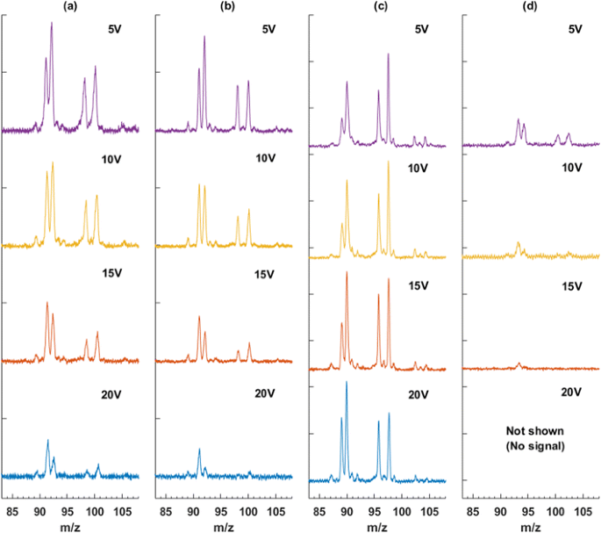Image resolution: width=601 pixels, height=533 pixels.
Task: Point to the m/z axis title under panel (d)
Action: click(x=529, y=525)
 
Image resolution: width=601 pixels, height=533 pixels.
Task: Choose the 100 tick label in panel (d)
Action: click(x=555, y=509)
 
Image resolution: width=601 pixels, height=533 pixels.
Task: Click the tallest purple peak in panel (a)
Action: click(x=52, y=25)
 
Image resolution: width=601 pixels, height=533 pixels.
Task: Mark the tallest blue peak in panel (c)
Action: click(x=347, y=383)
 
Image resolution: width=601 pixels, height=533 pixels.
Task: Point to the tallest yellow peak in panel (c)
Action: click(x=388, y=162)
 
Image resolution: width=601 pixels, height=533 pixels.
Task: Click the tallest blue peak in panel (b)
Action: click(x=199, y=450)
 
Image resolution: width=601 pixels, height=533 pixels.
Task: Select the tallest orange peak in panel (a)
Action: click(x=47, y=303)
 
